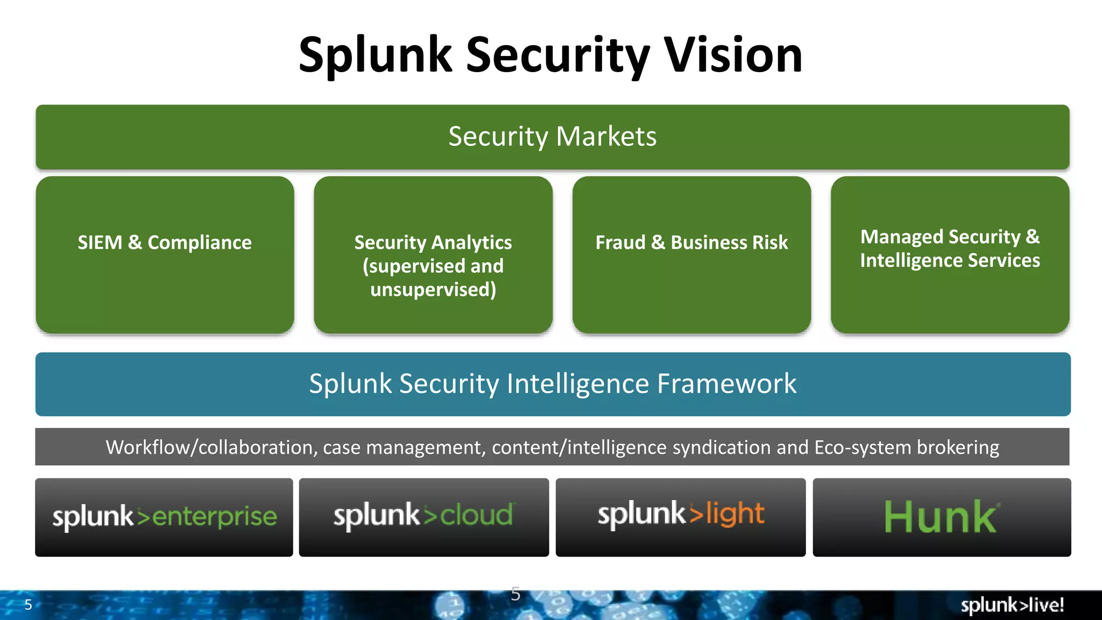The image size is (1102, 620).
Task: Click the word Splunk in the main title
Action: (375, 56)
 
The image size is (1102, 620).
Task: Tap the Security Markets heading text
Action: (552, 136)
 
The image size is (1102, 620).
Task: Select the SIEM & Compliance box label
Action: (165, 242)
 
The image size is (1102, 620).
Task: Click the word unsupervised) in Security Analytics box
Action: (433, 290)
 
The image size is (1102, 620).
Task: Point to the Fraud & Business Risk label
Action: (691, 242)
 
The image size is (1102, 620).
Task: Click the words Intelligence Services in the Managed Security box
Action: (950, 260)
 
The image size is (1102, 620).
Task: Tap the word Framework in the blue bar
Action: (726, 384)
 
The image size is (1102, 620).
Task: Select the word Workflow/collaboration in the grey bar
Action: (209, 447)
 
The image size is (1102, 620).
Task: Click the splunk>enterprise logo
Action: (164, 517)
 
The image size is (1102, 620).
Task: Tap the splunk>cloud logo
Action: (423, 516)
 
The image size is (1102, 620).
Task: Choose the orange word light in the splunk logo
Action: (735, 513)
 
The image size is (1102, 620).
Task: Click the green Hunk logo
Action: (941, 517)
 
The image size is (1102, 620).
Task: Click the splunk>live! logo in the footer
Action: (1012, 605)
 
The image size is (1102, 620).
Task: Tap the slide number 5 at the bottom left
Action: (29, 605)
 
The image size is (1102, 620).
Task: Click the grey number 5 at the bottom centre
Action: (515, 594)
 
